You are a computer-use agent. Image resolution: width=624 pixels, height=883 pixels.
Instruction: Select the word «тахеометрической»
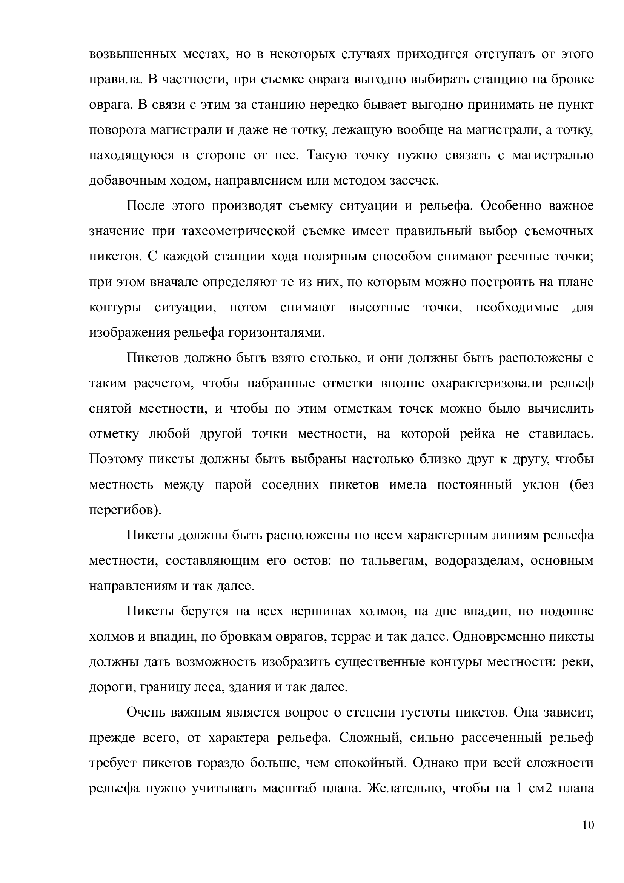[238, 231]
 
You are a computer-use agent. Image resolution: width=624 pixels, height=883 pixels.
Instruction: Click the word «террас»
[346, 636]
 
